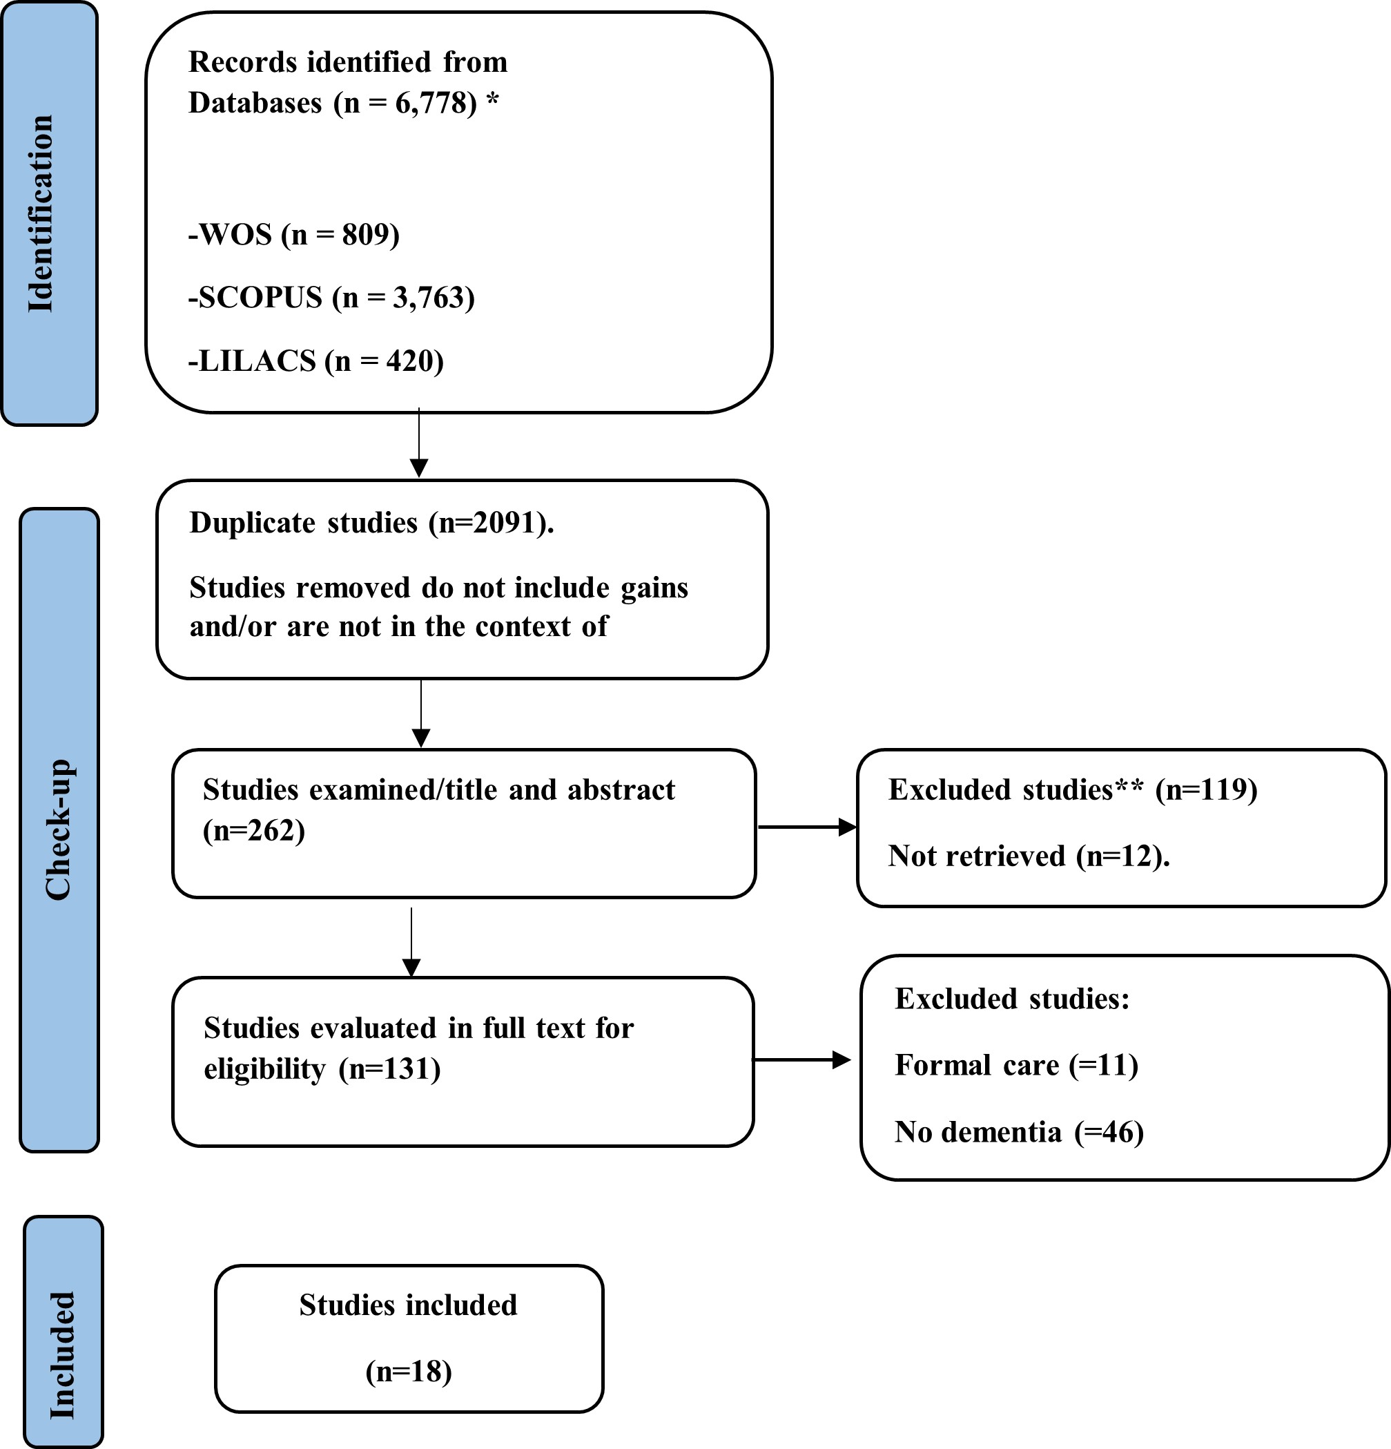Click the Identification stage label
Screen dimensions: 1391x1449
click(41, 213)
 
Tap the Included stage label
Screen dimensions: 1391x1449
click(62, 1355)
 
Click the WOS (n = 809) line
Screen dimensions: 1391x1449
click(293, 234)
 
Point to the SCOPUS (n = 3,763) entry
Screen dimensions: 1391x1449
click(331, 297)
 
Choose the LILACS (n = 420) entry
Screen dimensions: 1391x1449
click(315, 361)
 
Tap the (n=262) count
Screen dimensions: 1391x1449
click(253, 830)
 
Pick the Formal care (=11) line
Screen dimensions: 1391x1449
click(1016, 1065)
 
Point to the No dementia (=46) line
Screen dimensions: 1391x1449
click(1019, 1132)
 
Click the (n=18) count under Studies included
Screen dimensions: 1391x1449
click(409, 1372)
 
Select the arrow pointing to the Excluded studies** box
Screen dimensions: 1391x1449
click(807, 827)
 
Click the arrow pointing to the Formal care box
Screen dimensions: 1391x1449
click(801, 1060)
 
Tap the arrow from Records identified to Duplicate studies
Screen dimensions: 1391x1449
click(419, 442)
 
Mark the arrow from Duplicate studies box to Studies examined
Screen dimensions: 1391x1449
click(420, 713)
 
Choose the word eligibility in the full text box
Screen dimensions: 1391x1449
click(264, 1070)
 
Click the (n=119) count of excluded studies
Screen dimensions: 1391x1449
click(1206, 789)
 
